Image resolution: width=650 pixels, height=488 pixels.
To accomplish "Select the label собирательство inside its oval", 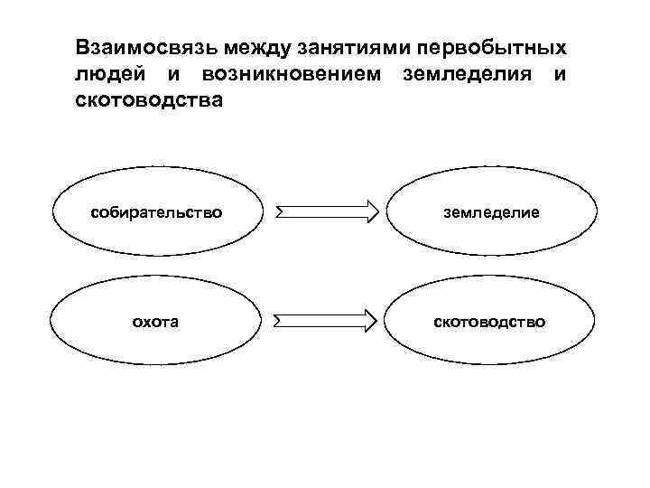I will pos(155,212).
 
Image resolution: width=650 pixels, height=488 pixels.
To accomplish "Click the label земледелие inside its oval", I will pos(492,212).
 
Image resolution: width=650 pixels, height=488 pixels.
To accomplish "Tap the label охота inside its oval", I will pos(155,321).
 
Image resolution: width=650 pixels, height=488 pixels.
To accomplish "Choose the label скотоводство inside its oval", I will pos(492,321).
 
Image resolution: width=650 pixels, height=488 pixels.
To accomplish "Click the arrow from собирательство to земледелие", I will pos(327,212).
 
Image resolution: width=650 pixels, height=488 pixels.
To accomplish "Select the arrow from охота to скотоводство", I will pos(327,320).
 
